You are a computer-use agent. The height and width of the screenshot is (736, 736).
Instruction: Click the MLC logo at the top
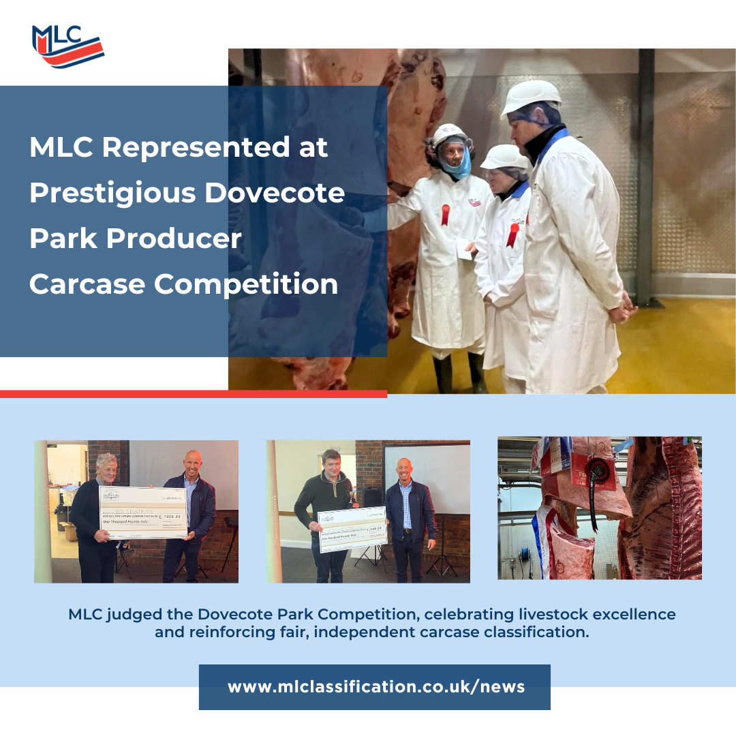tap(67, 46)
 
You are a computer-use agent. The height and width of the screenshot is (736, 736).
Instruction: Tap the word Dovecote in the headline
tap(275, 194)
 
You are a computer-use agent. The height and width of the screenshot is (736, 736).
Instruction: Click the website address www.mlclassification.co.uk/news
tap(375, 686)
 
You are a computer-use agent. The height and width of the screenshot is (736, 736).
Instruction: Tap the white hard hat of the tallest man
tap(532, 96)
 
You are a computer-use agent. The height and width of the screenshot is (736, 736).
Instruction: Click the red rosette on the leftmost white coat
tap(446, 214)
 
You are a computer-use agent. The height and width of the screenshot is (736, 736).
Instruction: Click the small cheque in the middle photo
tap(352, 529)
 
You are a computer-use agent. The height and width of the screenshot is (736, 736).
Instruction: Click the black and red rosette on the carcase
tap(600, 472)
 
